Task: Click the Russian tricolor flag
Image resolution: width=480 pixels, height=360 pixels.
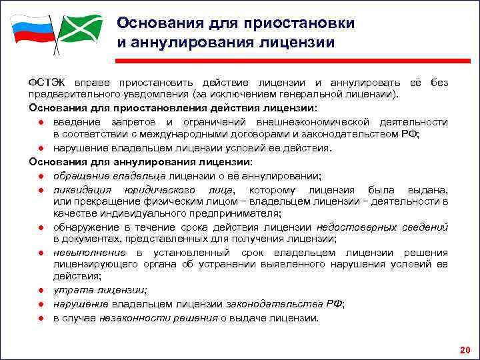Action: point(32,30)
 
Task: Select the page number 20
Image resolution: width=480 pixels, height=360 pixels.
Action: point(465,350)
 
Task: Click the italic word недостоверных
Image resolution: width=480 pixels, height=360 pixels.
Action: point(359,227)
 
